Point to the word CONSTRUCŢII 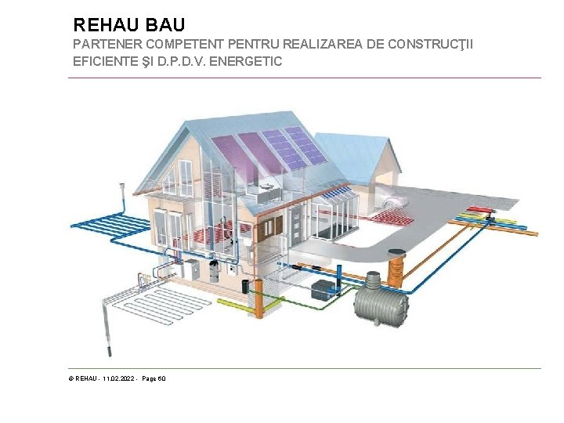pos(433,45)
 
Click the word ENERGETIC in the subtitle pos(243,61)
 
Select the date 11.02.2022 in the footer pos(118,379)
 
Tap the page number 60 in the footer pos(161,379)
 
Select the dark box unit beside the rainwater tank pos(323,290)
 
